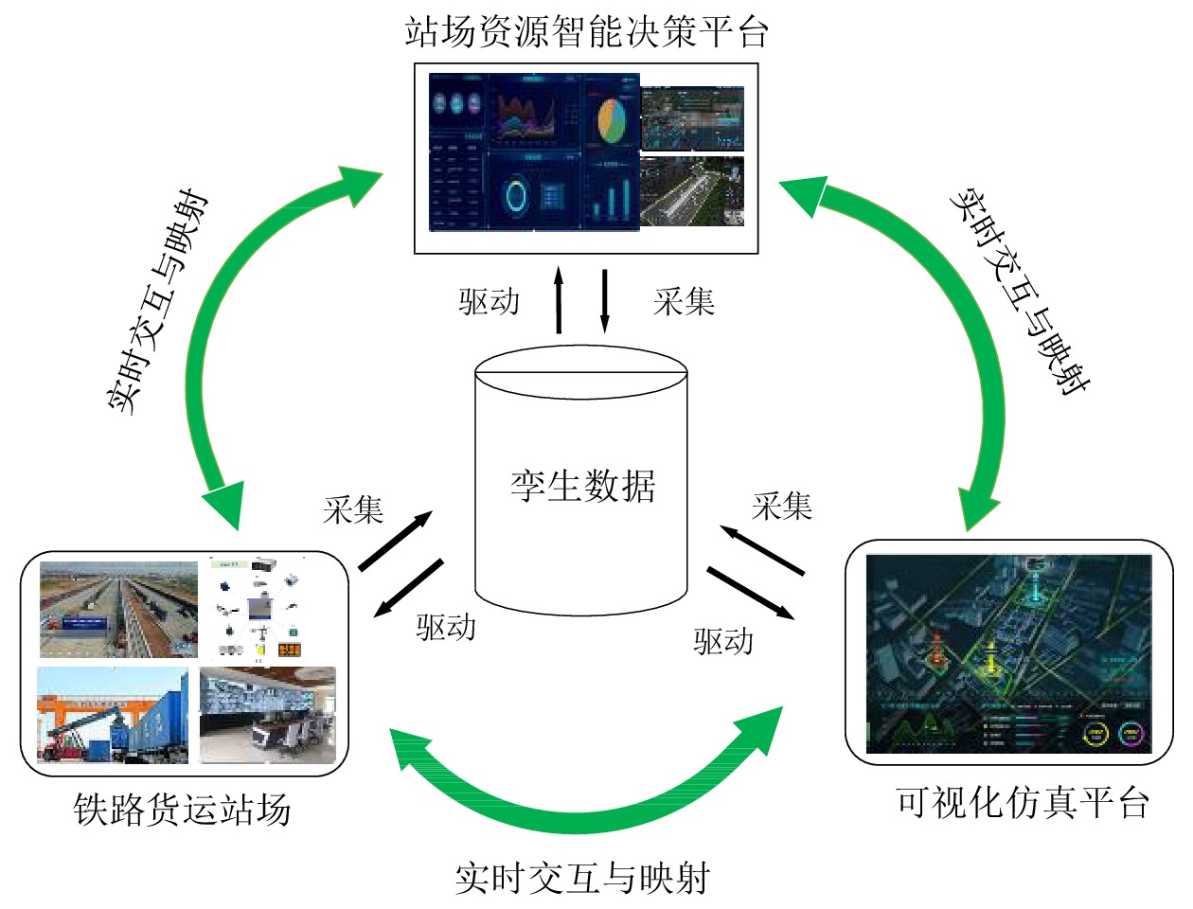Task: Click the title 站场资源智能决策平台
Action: [586, 32]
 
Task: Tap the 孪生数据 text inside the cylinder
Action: [582, 487]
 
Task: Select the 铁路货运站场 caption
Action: [182, 811]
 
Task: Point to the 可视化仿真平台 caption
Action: [1023, 803]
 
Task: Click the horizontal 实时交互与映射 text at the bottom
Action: [581, 879]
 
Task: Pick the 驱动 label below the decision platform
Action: [490, 302]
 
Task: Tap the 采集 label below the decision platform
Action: [684, 302]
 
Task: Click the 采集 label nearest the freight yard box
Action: [353, 510]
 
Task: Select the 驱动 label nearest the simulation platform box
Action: [723, 642]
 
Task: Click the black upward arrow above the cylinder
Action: [559, 300]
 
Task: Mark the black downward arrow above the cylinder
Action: [605, 300]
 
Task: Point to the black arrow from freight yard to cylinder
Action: [396, 541]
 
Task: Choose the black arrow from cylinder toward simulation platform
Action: [750, 593]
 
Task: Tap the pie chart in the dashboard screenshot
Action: [612, 120]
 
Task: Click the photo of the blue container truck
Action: [113, 715]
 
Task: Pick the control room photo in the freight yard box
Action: [268, 715]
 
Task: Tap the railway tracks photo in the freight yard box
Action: [117, 610]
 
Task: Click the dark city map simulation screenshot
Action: [1008, 653]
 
